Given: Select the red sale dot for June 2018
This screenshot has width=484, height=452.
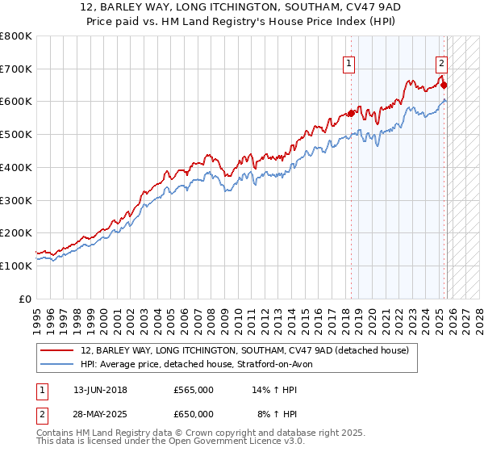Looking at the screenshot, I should pyautogui.click(x=352, y=113).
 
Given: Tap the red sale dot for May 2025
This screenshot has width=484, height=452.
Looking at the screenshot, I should pyautogui.click(x=444, y=85).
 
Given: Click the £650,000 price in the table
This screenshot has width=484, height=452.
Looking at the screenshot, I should pyautogui.click(x=194, y=414).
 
